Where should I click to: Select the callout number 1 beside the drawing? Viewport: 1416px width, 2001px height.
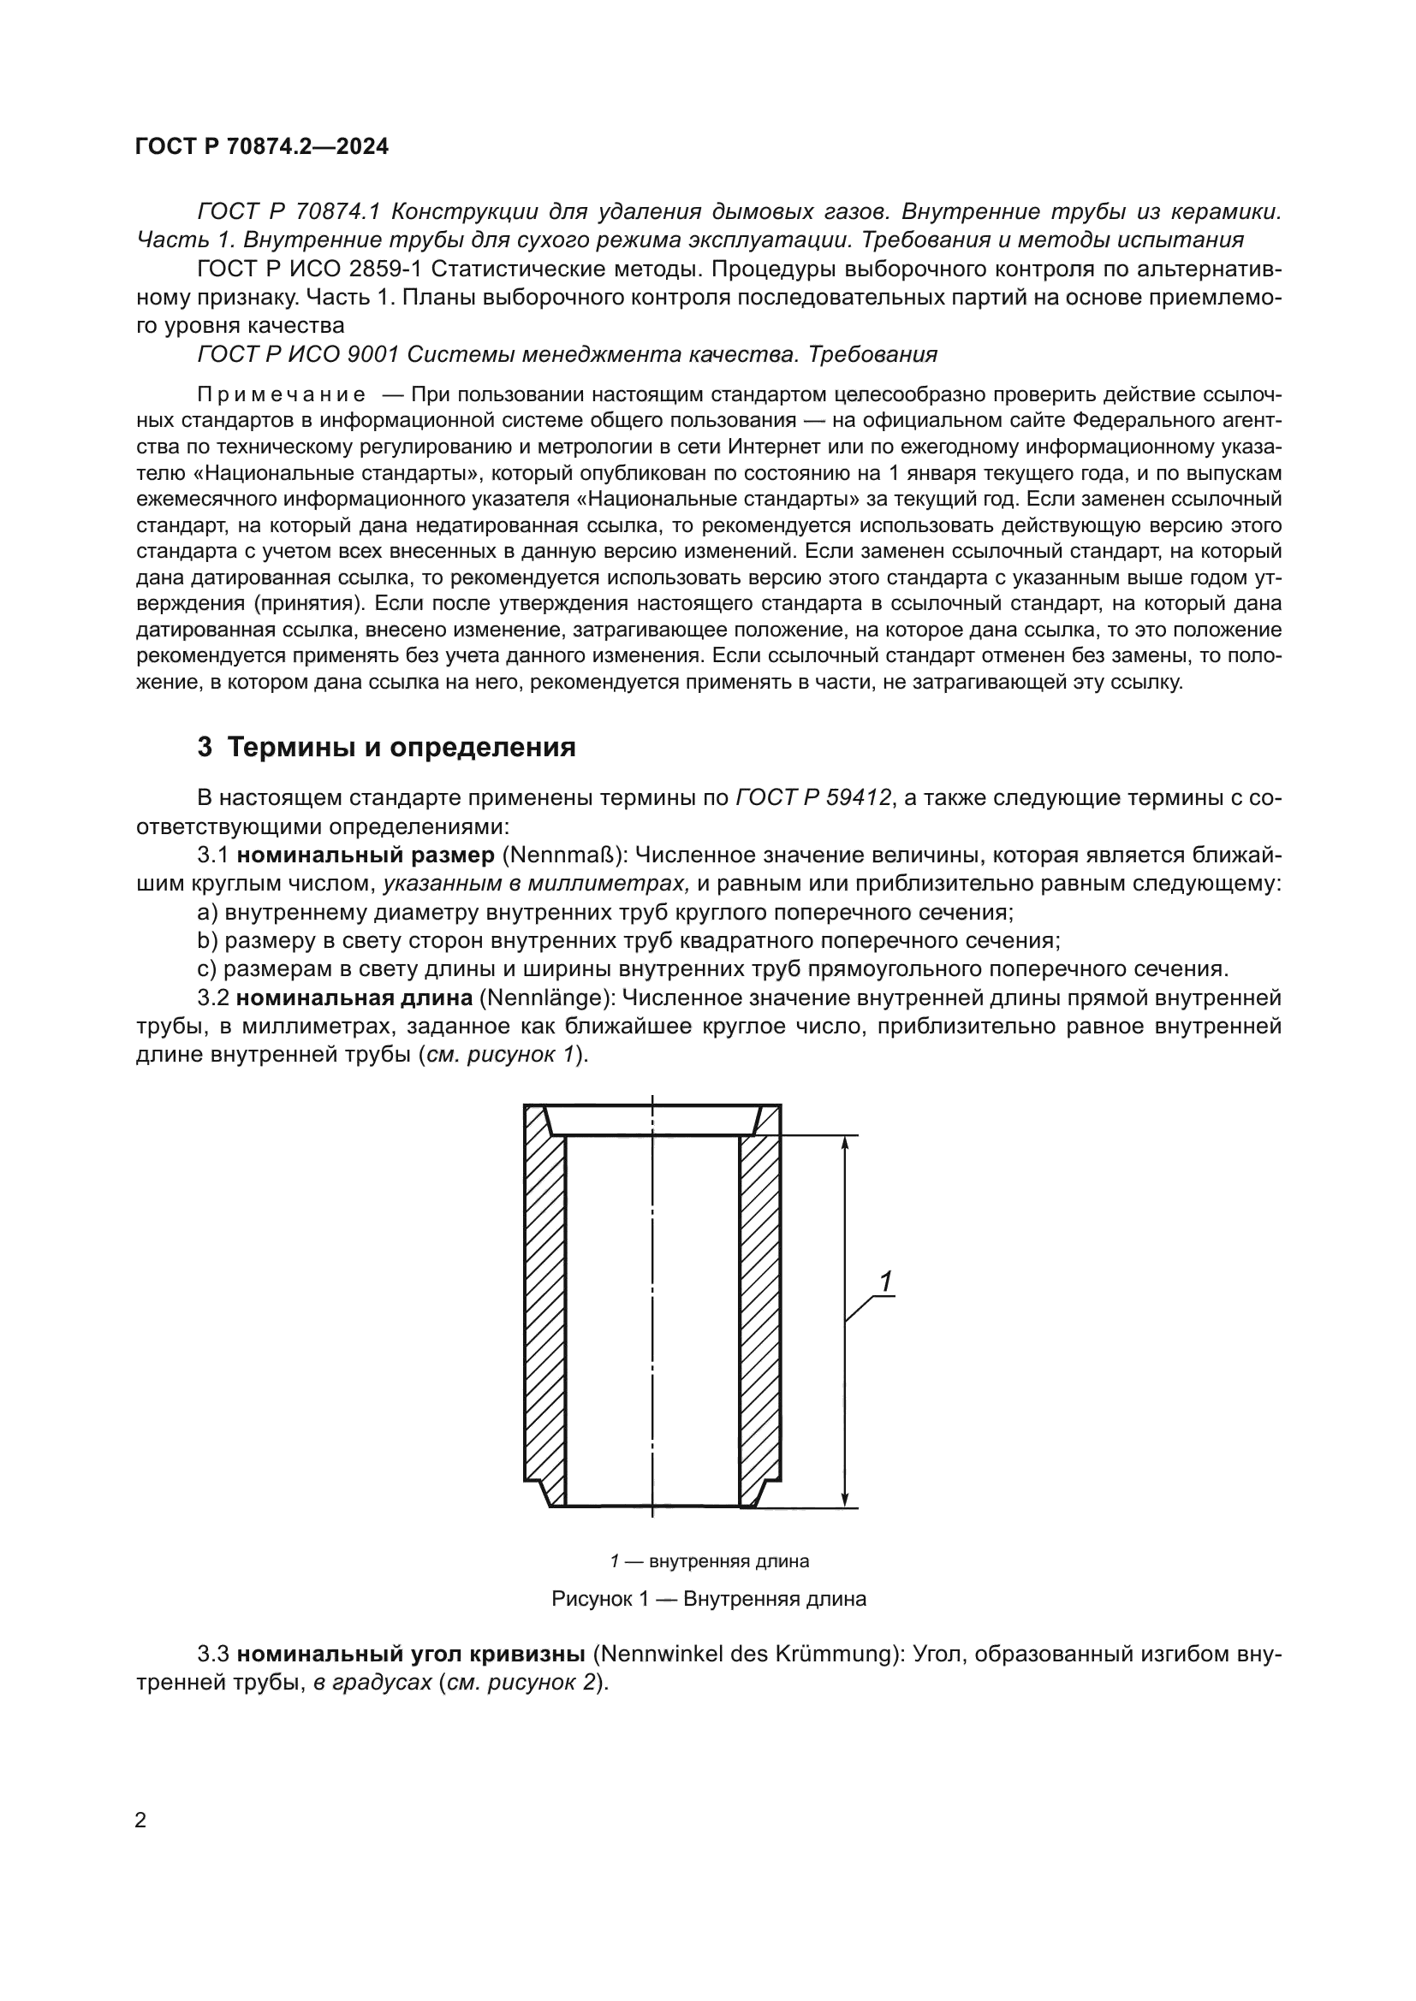pos(886,1282)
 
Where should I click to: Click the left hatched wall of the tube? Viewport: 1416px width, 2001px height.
pos(545,1307)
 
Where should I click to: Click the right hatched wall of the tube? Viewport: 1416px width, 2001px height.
pos(759,1307)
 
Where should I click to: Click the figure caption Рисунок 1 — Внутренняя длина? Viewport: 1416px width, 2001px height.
pos(708,1598)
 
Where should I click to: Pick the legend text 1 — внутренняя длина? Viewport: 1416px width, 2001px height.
pos(708,1561)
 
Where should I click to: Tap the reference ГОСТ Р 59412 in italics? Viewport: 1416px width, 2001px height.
pos(812,797)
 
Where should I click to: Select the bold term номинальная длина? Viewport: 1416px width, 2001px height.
pos(354,997)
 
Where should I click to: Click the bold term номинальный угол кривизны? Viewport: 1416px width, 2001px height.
pos(410,1654)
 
